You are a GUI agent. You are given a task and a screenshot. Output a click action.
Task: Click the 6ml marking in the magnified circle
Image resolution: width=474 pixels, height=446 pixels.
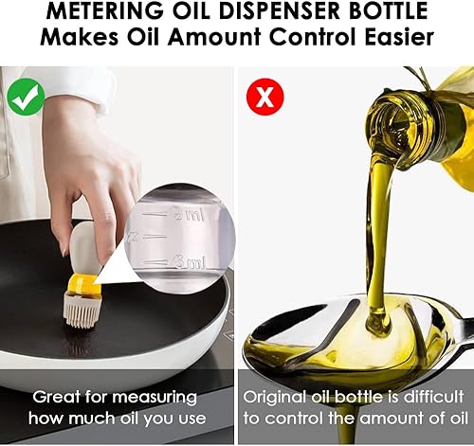tap(186, 261)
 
